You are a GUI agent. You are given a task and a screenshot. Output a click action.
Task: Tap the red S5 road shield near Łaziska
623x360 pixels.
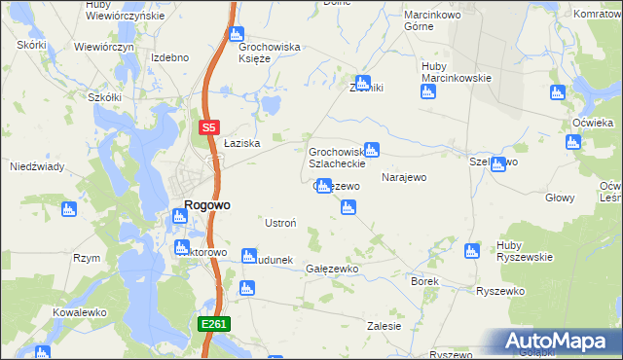coord(208,127)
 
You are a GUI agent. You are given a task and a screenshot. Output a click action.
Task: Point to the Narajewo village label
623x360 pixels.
coord(405,178)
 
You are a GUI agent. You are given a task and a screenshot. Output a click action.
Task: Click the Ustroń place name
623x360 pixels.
coord(280,223)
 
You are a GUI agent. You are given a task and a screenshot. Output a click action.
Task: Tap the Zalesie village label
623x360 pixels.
coord(384,327)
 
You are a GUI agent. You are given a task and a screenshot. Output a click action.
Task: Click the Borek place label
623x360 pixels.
coord(425,281)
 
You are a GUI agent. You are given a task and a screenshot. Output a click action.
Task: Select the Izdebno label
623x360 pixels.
coord(169,57)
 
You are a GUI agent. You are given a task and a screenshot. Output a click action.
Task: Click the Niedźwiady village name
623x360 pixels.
coord(37,166)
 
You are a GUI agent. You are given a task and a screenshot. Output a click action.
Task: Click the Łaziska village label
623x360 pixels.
coord(239,143)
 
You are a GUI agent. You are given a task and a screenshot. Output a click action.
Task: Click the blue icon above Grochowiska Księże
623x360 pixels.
coord(237,35)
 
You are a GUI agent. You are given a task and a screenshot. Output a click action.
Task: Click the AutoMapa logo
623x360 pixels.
coord(559,342)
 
